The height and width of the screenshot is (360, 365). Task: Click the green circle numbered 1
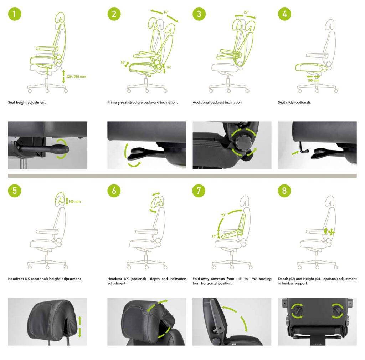(x=15, y=14)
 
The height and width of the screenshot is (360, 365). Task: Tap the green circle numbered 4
(x=284, y=14)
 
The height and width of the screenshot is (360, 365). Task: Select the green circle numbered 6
(x=114, y=191)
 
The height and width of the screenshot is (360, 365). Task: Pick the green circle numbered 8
(x=284, y=191)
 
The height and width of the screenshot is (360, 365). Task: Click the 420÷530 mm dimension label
(x=76, y=77)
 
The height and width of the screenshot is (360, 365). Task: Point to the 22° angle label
(x=246, y=12)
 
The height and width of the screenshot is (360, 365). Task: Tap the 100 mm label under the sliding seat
(x=313, y=80)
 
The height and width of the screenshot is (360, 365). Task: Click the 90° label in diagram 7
(x=223, y=215)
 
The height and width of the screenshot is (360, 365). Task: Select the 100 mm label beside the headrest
(x=75, y=202)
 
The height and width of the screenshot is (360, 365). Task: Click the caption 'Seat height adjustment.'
(x=27, y=102)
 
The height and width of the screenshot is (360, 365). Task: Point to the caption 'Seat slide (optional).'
(x=294, y=102)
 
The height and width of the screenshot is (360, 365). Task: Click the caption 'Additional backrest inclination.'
(x=217, y=102)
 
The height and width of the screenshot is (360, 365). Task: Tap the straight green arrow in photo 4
(x=295, y=152)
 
